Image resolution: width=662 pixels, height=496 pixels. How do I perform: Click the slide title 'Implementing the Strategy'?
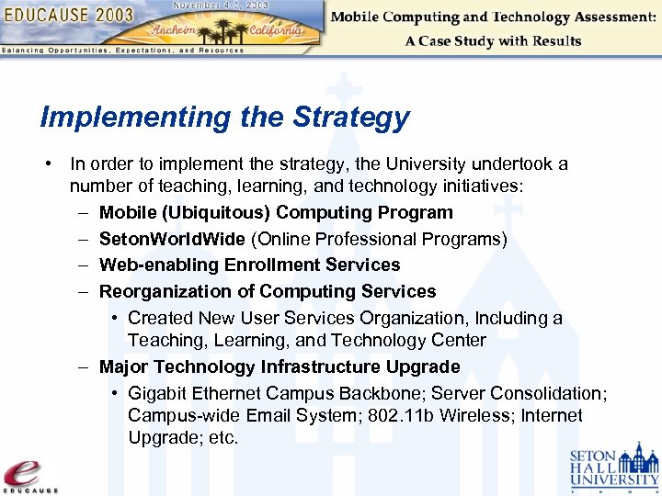pyautogui.click(x=224, y=118)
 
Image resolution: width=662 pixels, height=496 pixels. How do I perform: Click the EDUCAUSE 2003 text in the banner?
pyautogui.click(x=69, y=16)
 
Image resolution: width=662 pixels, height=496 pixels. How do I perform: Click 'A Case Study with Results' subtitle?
pyautogui.click(x=493, y=41)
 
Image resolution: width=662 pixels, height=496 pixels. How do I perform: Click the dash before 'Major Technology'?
pyautogui.click(x=83, y=366)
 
